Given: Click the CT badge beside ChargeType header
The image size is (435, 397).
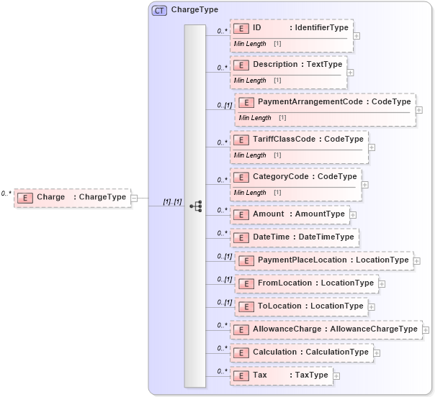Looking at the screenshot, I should click(159, 11).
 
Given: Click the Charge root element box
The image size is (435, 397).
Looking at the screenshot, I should click(72, 197).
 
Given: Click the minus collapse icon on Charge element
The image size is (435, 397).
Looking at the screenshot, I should click(134, 197).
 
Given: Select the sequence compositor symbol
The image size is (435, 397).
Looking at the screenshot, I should click(195, 206).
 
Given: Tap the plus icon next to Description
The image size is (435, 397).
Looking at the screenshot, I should click(350, 72).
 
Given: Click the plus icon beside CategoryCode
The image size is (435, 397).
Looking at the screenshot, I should click(364, 184).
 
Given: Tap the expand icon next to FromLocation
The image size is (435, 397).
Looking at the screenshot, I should click(382, 283).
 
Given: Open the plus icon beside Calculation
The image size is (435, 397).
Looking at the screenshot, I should click(377, 353).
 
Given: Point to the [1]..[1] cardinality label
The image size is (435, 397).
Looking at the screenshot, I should click(172, 202).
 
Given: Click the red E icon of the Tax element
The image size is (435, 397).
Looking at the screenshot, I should click(242, 375).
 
